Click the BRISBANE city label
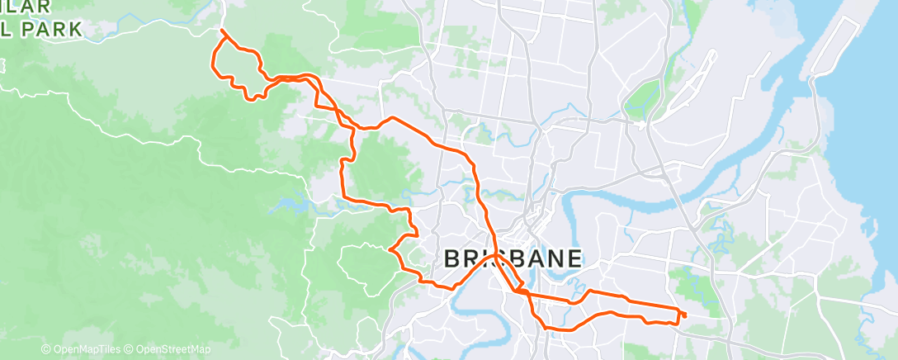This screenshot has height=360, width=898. coord(514,258)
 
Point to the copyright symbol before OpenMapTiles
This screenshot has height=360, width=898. coord(46,350)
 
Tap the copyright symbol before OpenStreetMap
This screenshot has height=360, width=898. coord(130,350)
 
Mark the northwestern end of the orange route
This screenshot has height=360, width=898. coord(221,31)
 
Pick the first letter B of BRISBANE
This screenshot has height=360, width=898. coord(452,258)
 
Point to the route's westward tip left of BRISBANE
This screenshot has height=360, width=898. coord(389,249)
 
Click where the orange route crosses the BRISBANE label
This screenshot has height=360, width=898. coord(495,258)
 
